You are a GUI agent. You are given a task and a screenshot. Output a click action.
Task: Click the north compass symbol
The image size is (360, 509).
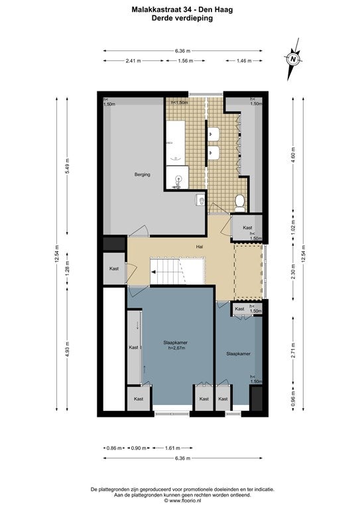pyautogui.click(x=293, y=59)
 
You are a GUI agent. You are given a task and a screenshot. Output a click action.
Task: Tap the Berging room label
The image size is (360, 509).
pyautogui.click(x=142, y=175)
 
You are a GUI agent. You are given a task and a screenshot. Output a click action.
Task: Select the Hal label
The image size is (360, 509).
pyautogui.click(x=200, y=247)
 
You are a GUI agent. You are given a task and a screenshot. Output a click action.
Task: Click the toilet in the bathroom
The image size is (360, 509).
pyautogui.click(x=239, y=203)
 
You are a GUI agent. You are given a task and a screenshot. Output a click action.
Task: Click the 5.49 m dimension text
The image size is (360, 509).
pyautogui.click(x=67, y=166)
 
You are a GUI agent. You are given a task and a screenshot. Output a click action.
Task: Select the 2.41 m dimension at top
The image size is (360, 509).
pyautogui.click(x=133, y=61)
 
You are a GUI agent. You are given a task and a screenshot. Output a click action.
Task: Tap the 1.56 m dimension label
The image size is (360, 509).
pyautogui.click(x=186, y=61)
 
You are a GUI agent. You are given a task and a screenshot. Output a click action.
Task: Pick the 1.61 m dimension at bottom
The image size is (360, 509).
pyautogui.click(x=172, y=448)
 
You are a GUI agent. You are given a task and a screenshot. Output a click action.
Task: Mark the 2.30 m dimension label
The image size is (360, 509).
pyautogui.click(x=294, y=272)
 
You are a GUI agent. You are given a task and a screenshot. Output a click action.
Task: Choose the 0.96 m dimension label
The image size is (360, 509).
pyautogui.click(x=294, y=402)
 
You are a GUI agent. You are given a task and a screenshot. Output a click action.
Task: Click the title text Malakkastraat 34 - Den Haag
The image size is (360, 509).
pyautogui.click(x=182, y=10)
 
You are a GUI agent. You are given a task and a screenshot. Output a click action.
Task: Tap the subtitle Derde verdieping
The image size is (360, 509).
pyautogui.click(x=182, y=18)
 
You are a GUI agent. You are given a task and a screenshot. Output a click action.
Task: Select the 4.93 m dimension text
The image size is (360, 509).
pyautogui.click(x=67, y=349)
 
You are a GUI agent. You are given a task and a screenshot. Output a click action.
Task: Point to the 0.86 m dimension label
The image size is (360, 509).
pyautogui.click(x=114, y=448)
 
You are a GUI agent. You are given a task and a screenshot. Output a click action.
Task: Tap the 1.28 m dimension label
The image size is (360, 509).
pyautogui.click(x=67, y=268)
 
